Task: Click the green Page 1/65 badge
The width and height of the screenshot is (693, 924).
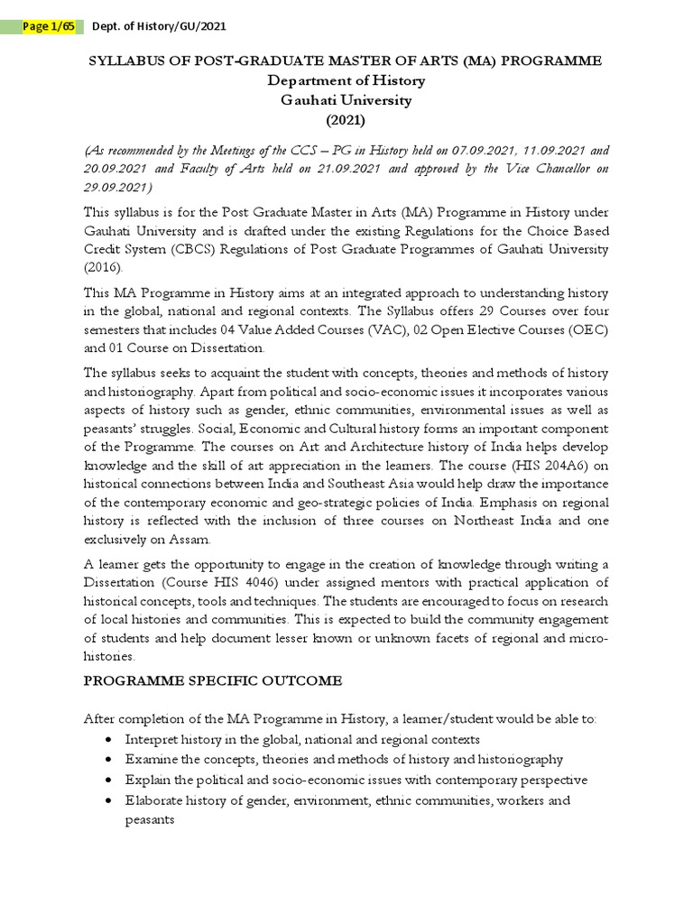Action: point(51,27)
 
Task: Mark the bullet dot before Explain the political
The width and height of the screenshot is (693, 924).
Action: point(109,781)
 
